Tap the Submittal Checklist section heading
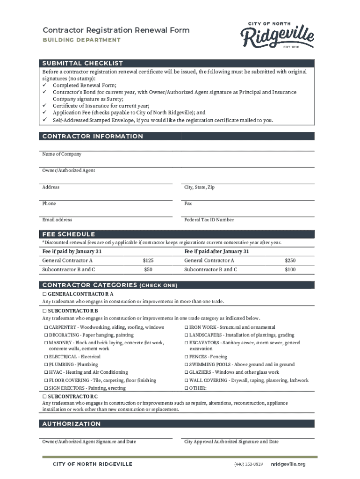(x=83, y=63)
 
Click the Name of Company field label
(x=62, y=154)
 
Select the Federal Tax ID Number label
(x=209, y=220)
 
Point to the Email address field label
(x=57, y=220)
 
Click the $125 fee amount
(x=148, y=261)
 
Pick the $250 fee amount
(x=290, y=261)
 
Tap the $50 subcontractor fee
(x=148, y=270)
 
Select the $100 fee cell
(x=290, y=270)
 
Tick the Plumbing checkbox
(x=46, y=364)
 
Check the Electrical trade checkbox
(x=46, y=357)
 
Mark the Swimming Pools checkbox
(x=187, y=364)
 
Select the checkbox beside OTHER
(x=187, y=388)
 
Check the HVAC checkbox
(x=46, y=372)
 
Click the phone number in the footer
(x=248, y=464)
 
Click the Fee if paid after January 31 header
(x=216, y=251)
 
